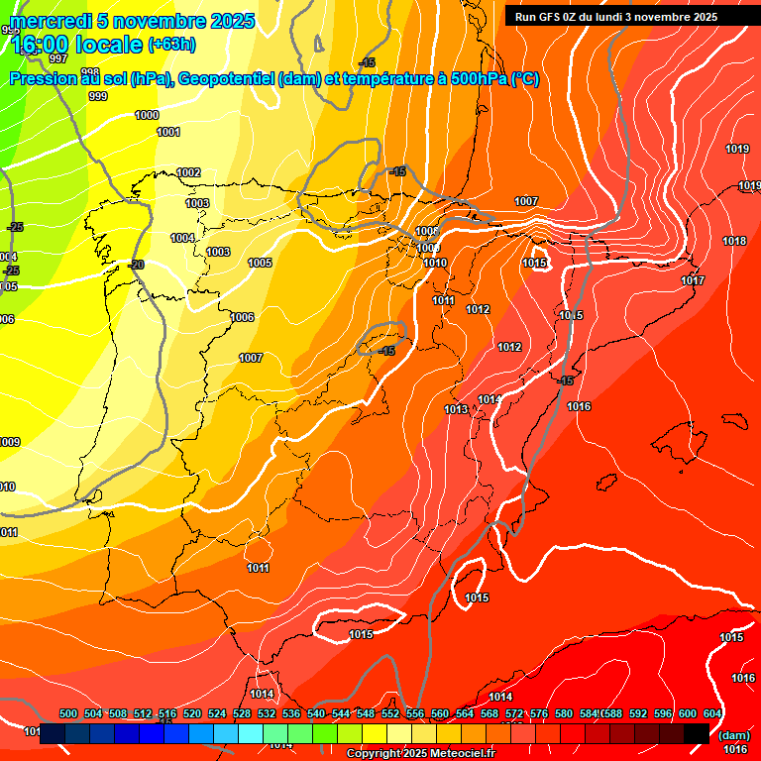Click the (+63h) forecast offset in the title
(171, 44)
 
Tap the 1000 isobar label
(147, 116)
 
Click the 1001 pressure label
(168, 132)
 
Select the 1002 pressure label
(188, 173)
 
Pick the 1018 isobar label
(734, 242)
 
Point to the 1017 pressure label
(693, 281)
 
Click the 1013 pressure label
(456, 409)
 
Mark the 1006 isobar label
(243, 318)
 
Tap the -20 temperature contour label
(136, 265)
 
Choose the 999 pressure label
(98, 96)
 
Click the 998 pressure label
(90, 72)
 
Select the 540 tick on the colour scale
(316, 713)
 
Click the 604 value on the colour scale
(711, 713)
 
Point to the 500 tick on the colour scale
(68, 713)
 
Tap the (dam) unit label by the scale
(733, 735)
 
